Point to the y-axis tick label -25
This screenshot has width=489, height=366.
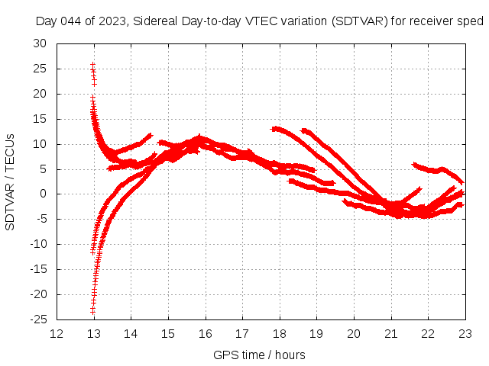[x=37, y=319]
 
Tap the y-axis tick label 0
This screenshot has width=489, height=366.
[x=43, y=194]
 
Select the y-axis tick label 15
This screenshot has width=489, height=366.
[x=40, y=119]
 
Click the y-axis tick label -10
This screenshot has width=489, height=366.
[x=37, y=244]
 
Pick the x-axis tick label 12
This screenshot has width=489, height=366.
[x=57, y=333]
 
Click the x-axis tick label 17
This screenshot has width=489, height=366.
[x=242, y=333]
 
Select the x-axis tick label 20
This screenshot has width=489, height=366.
[x=354, y=333]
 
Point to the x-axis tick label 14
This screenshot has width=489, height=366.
[x=131, y=333]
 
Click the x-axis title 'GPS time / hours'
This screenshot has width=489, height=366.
[x=260, y=355]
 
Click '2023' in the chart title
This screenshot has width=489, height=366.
[x=111, y=21]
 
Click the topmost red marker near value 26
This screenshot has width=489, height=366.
[x=92, y=65]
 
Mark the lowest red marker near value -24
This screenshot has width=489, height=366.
[x=92, y=311]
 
